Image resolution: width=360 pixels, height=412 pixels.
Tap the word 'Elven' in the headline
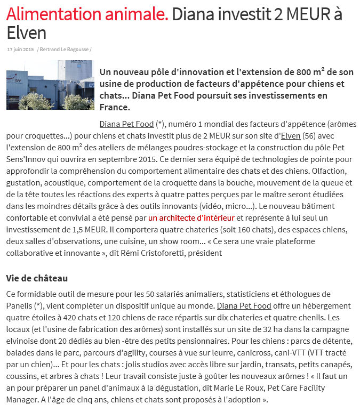[x=26, y=33]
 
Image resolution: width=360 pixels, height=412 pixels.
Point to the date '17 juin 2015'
[x=20, y=50]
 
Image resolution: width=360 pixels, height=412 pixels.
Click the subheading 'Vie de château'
[x=37, y=278]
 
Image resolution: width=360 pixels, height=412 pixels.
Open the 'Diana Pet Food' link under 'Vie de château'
[x=244, y=306]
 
